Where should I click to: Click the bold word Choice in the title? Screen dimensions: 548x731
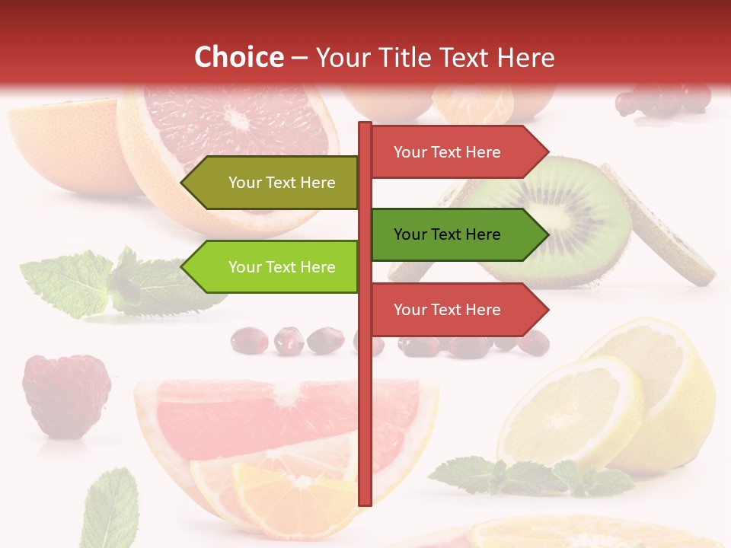click(238, 57)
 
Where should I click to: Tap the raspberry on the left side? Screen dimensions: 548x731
click(66, 394)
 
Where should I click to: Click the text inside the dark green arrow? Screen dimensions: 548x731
click(447, 234)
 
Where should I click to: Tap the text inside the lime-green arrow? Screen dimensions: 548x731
click(282, 267)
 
